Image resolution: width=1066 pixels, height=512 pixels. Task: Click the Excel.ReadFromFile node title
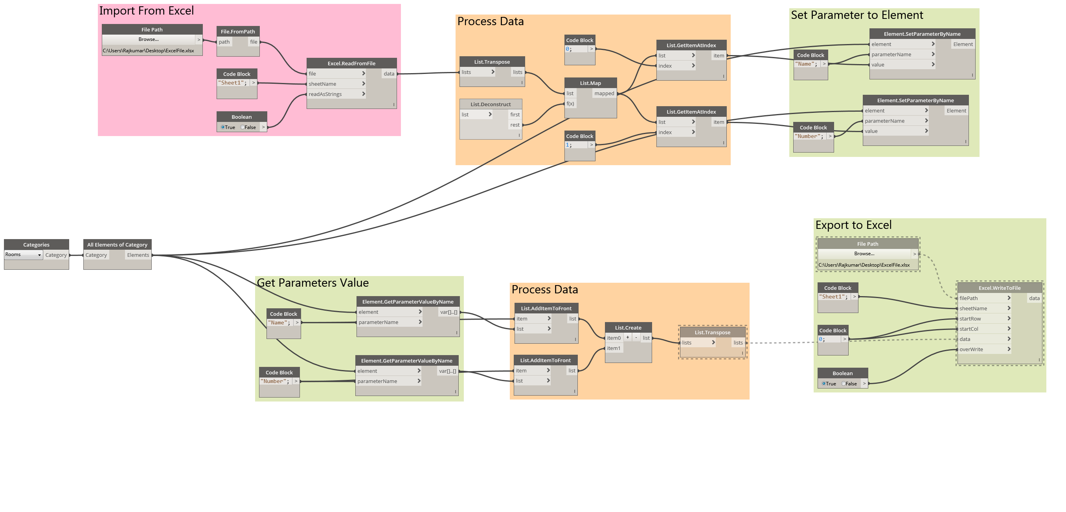[x=351, y=63]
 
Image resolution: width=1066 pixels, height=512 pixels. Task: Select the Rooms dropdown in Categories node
[x=23, y=254]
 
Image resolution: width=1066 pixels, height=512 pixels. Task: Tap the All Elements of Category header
[x=117, y=245]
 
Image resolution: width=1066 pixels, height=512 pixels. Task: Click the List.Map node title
[x=590, y=83]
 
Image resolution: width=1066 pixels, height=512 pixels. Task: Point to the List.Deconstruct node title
[x=491, y=104]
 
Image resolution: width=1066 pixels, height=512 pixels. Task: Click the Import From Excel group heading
[x=146, y=11]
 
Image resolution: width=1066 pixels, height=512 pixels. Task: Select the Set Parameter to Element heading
[x=856, y=15]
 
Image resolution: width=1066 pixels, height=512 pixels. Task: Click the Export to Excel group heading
[x=853, y=225]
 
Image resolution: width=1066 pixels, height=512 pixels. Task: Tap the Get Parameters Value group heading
[x=312, y=283]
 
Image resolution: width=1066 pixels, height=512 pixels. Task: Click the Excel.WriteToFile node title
[x=999, y=288]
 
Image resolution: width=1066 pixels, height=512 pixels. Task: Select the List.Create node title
[x=628, y=328]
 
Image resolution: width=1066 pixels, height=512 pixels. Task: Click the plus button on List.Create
[x=627, y=337]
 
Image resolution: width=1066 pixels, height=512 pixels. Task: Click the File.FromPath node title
[x=237, y=31]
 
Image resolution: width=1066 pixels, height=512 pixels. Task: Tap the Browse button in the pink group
[x=149, y=39]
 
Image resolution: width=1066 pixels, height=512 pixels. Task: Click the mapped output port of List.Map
[x=604, y=94]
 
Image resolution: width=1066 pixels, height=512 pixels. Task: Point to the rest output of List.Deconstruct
[x=515, y=125]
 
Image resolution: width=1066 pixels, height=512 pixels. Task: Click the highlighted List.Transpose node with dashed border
[x=712, y=332]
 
